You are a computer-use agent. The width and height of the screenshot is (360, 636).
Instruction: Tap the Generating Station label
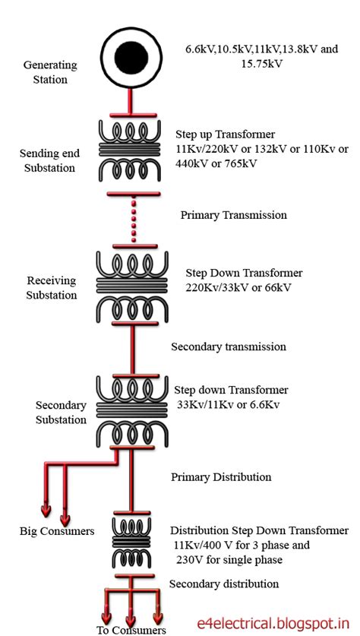coord(45,72)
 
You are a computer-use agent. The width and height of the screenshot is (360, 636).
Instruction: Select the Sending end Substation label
coord(47,160)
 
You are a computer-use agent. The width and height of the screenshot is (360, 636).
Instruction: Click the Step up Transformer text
coord(224,134)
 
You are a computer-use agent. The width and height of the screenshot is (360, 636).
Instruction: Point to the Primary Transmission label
coord(233,215)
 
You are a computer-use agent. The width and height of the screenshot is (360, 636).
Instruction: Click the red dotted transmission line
coord(132,220)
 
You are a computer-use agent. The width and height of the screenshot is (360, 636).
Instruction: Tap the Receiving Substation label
coord(51,287)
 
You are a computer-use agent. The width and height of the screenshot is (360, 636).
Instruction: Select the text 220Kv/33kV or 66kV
coord(238,287)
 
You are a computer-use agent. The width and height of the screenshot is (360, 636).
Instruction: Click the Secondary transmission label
coord(228,346)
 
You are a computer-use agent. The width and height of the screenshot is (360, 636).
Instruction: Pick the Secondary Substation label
coord(61,413)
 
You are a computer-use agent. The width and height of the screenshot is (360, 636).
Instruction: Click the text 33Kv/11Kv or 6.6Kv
coord(227,404)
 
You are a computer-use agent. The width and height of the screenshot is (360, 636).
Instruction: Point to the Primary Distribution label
coord(220,477)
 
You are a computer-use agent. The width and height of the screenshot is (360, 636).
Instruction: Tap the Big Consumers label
coord(57,531)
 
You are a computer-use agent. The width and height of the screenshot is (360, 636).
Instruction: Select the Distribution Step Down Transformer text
coord(259,530)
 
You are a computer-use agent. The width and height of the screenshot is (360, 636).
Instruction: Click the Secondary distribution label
coord(223,584)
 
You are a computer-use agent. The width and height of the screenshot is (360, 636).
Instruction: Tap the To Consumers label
coord(131,630)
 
